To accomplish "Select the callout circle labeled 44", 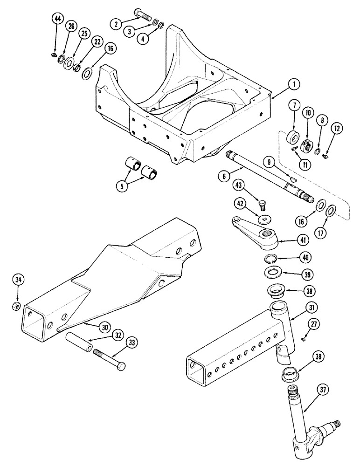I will tap(57, 19).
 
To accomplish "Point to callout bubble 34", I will tap(18, 280).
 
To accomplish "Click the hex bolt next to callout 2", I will tap(141, 14).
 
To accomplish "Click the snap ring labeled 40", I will tap(270, 260).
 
